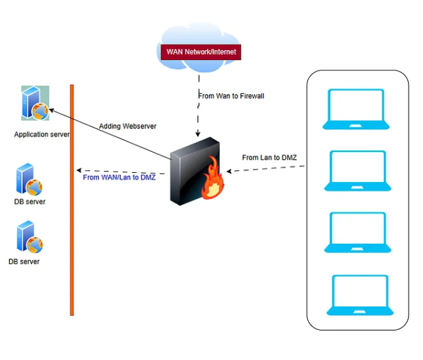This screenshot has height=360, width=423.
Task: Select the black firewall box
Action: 192,169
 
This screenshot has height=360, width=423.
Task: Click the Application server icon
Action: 35,103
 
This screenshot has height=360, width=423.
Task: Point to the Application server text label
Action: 42,134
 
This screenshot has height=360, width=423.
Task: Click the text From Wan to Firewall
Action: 231,96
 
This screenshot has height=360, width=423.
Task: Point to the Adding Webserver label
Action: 128,126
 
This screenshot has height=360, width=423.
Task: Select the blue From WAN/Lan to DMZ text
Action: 119,177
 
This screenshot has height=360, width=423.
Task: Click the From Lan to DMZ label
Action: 270,157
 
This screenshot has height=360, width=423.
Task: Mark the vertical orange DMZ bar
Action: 72,199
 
